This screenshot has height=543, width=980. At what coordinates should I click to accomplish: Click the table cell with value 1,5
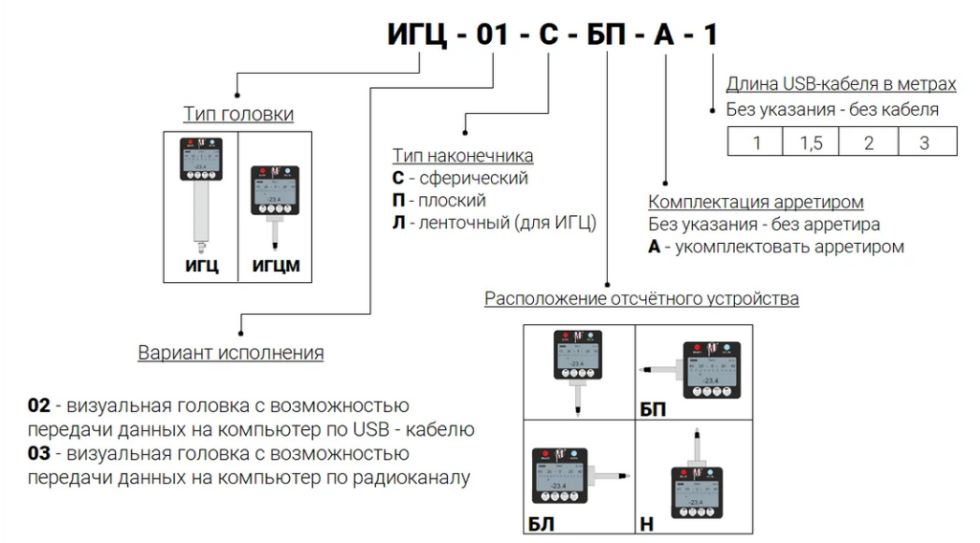click(x=811, y=142)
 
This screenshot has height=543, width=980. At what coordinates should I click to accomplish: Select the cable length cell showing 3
click(x=924, y=142)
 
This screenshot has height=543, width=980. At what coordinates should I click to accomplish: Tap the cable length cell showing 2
click(x=868, y=142)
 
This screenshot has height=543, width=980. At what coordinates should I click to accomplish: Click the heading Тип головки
click(x=238, y=115)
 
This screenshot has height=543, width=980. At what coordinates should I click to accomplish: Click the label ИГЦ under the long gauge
click(x=202, y=266)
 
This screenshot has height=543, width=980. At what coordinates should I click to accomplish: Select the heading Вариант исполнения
click(x=231, y=353)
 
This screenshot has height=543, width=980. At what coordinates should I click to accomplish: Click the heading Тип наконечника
click(x=462, y=156)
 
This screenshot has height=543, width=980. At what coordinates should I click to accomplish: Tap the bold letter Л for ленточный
click(x=398, y=224)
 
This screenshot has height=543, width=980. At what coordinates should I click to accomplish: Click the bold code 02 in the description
click(x=37, y=405)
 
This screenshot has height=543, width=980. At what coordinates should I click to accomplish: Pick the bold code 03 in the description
click(x=37, y=453)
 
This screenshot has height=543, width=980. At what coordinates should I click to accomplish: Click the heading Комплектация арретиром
click(x=756, y=202)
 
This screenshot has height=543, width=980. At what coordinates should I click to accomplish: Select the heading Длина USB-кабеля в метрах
click(x=841, y=84)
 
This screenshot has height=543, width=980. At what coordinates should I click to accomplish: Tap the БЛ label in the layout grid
click(x=541, y=523)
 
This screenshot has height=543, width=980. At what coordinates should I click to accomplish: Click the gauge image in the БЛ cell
click(x=574, y=475)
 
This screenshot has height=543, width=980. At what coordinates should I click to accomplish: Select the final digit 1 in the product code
click(x=709, y=35)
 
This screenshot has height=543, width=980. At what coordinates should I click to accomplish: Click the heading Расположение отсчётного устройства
click(x=641, y=298)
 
